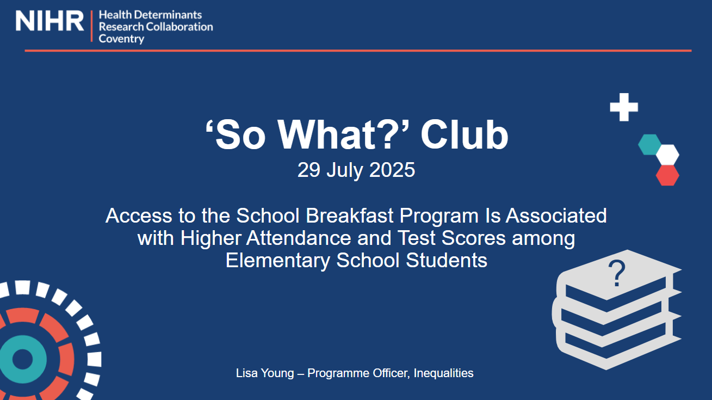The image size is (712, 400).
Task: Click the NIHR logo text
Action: pos(49,21)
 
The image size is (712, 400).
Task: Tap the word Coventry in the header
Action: pos(121,39)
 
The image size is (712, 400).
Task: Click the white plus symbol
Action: pos(624,107)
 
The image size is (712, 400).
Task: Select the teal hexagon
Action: pos(649,144)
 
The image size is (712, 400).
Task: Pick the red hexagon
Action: pos(667,175)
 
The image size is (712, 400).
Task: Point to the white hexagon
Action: pos(667,155)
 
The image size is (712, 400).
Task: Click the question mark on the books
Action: pos(616,274)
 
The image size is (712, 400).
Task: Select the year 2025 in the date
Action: pos(392,170)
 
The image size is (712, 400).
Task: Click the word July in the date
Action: pos(345,170)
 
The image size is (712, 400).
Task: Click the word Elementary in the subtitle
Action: pos(277,261)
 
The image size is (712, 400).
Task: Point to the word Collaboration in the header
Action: pos(179,27)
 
